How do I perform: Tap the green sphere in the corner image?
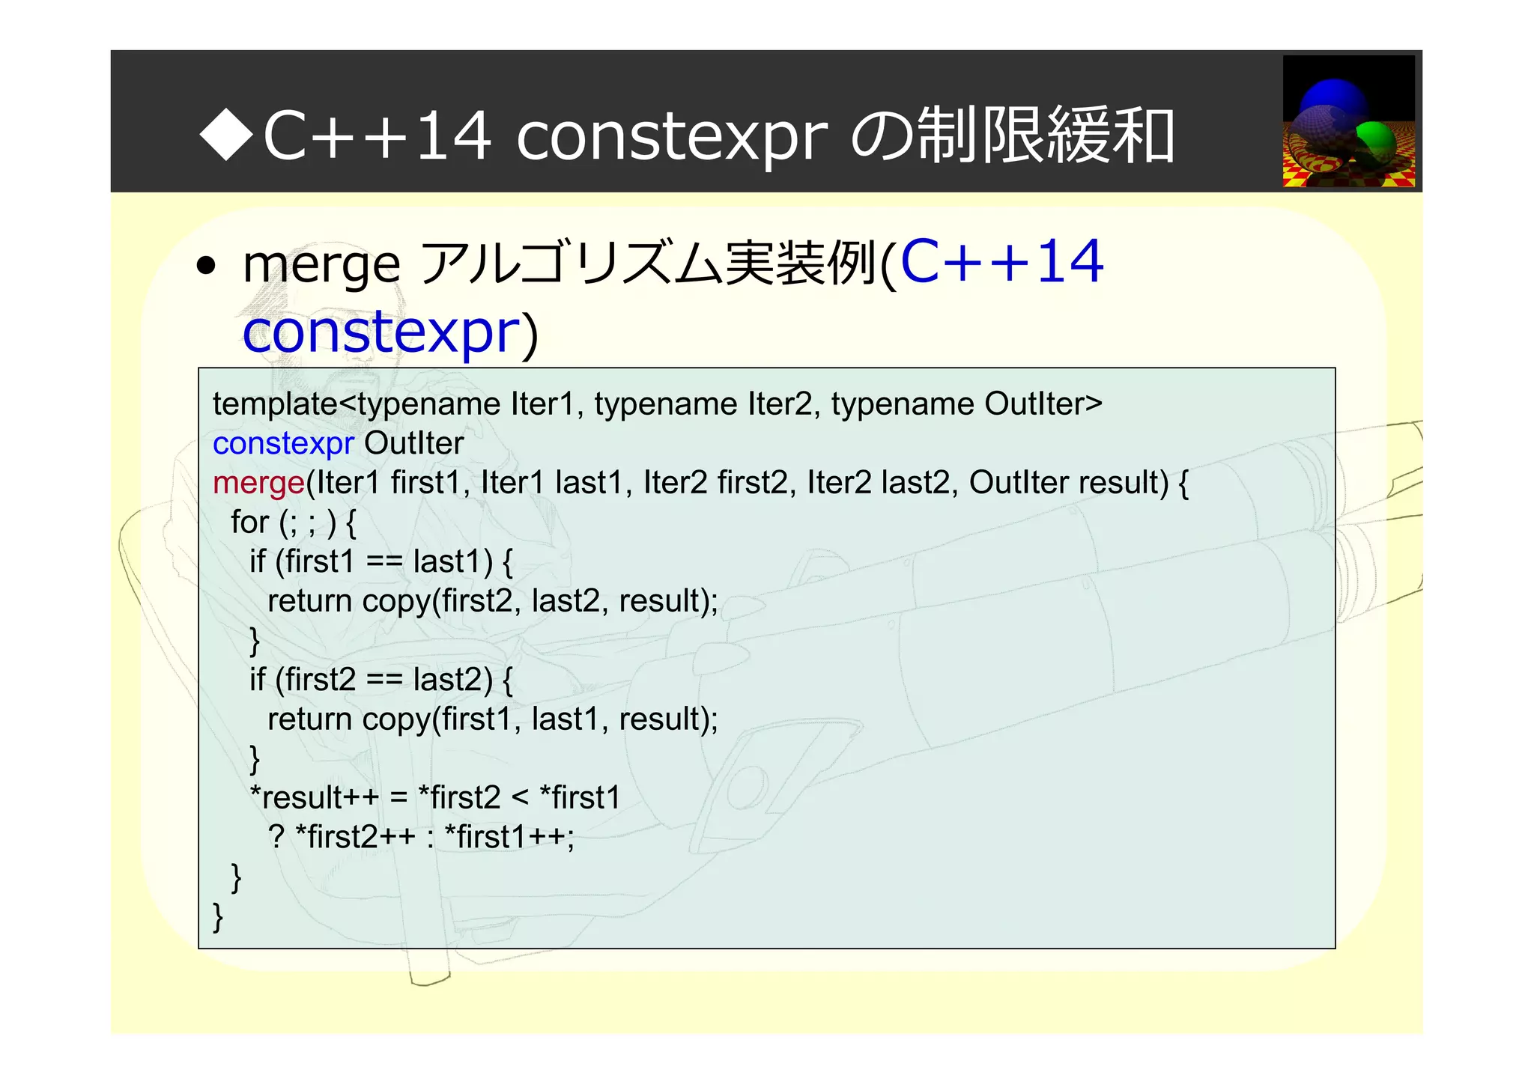pos(1376,141)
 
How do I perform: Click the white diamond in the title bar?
pos(227,135)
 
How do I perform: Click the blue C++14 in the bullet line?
pos(1001,262)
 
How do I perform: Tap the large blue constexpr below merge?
pos(381,332)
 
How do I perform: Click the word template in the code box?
pos(275,404)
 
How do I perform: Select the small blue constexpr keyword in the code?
pos(282,444)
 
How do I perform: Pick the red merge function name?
pos(258,483)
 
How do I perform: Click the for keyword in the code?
pos(249,523)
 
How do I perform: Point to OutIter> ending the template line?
pos(1043,404)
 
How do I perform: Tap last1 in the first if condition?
pos(452,561)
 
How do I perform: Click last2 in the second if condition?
pos(452,680)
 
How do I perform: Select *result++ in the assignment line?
pos(314,797)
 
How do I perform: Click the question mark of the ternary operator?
pos(276,837)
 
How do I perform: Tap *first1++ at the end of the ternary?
pos(509,837)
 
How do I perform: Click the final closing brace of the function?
pos(218,916)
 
